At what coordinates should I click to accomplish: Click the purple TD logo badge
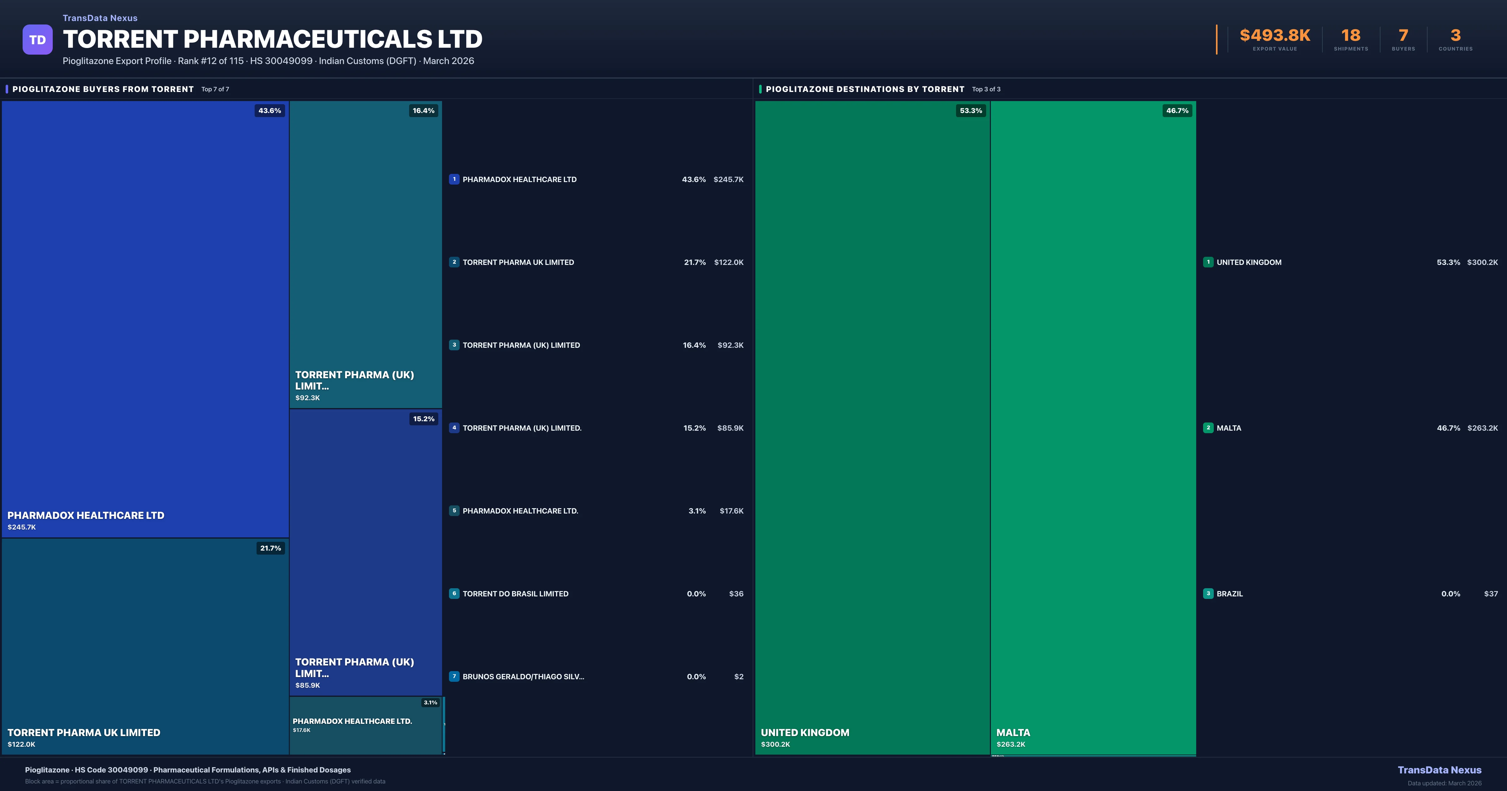tap(37, 40)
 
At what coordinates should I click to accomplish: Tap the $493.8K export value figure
tap(1275, 36)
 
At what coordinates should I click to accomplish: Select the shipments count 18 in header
tap(1351, 36)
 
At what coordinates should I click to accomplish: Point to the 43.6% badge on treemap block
tap(270, 110)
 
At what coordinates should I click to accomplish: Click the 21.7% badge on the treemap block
tap(270, 548)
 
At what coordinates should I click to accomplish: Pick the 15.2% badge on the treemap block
tap(424, 419)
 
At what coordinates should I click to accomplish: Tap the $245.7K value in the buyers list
tap(728, 180)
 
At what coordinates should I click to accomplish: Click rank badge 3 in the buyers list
tap(454, 345)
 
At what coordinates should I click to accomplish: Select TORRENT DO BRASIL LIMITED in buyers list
tap(516, 594)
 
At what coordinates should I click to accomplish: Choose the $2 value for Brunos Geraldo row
tap(739, 677)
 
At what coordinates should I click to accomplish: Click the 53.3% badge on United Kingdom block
tap(970, 110)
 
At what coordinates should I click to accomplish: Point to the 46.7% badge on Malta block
tap(1177, 110)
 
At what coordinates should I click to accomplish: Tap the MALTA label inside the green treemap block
tap(1013, 733)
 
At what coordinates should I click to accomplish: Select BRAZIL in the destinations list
tap(1230, 594)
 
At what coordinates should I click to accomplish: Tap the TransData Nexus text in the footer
tap(1439, 770)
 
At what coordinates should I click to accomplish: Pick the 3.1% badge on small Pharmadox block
tap(430, 703)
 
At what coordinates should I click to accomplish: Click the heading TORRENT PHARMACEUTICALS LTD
tap(273, 39)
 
